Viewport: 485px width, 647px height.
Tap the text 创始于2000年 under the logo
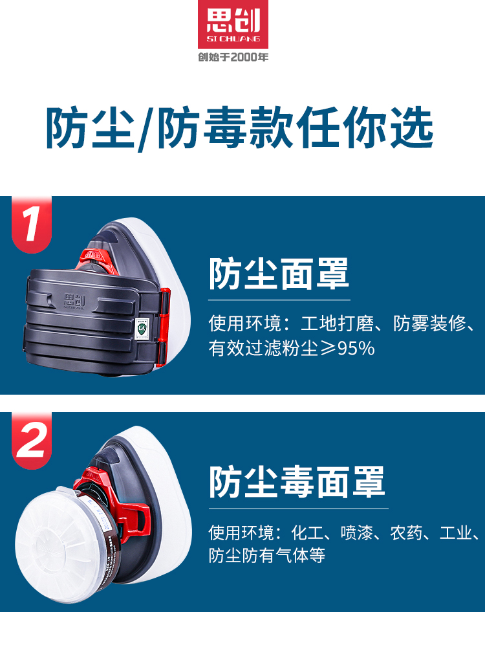click(233, 57)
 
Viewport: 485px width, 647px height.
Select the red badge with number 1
click(31, 224)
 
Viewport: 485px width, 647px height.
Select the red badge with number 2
click(31, 440)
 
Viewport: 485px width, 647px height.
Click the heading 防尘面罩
click(279, 274)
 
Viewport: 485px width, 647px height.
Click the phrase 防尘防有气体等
click(266, 556)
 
